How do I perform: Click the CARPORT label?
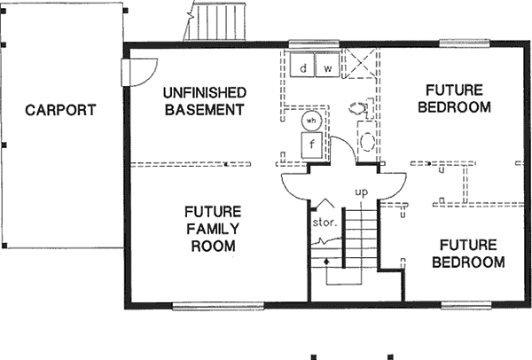tap(59, 111)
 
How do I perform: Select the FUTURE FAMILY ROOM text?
tap(214, 229)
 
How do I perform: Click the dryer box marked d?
tap(303, 67)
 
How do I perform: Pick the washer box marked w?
tap(327, 67)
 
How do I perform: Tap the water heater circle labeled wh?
tap(311, 121)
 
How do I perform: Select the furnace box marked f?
tap(312, 144)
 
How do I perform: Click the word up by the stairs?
tap(361, 192)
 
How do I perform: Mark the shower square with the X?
tap(360, 66)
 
